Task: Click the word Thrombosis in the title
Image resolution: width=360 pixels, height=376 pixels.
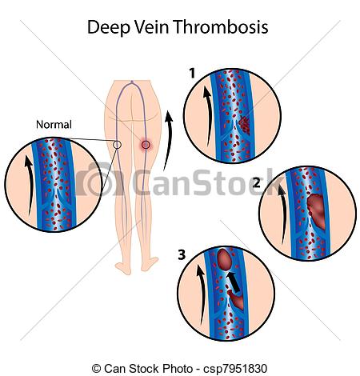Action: coord(220,26)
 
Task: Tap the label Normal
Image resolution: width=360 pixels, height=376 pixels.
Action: coord(54,125)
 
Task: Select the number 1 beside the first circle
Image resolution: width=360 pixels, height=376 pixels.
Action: coord(192,74)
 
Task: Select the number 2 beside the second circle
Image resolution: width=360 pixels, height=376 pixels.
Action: coord(256,182)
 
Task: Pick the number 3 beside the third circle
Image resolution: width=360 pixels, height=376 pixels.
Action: coord(182,254)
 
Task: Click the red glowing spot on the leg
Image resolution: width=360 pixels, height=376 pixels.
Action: coord(146,145)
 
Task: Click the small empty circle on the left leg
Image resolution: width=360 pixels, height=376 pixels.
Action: coord(117,145)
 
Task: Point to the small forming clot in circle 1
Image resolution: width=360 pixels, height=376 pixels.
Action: coord(244,125)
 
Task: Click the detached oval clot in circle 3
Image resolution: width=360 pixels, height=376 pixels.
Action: coord(225,258)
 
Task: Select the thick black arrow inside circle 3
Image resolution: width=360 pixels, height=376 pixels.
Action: coord(233,282)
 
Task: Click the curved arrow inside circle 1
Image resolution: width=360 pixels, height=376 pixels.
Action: coord(209,114)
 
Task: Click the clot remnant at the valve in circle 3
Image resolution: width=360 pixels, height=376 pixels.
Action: coord(236,299)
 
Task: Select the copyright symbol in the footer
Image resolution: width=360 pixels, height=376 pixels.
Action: coord(96,369)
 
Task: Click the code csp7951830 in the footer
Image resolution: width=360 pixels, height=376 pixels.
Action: coord(235,369)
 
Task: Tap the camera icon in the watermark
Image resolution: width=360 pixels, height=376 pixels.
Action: coord(98,179)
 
